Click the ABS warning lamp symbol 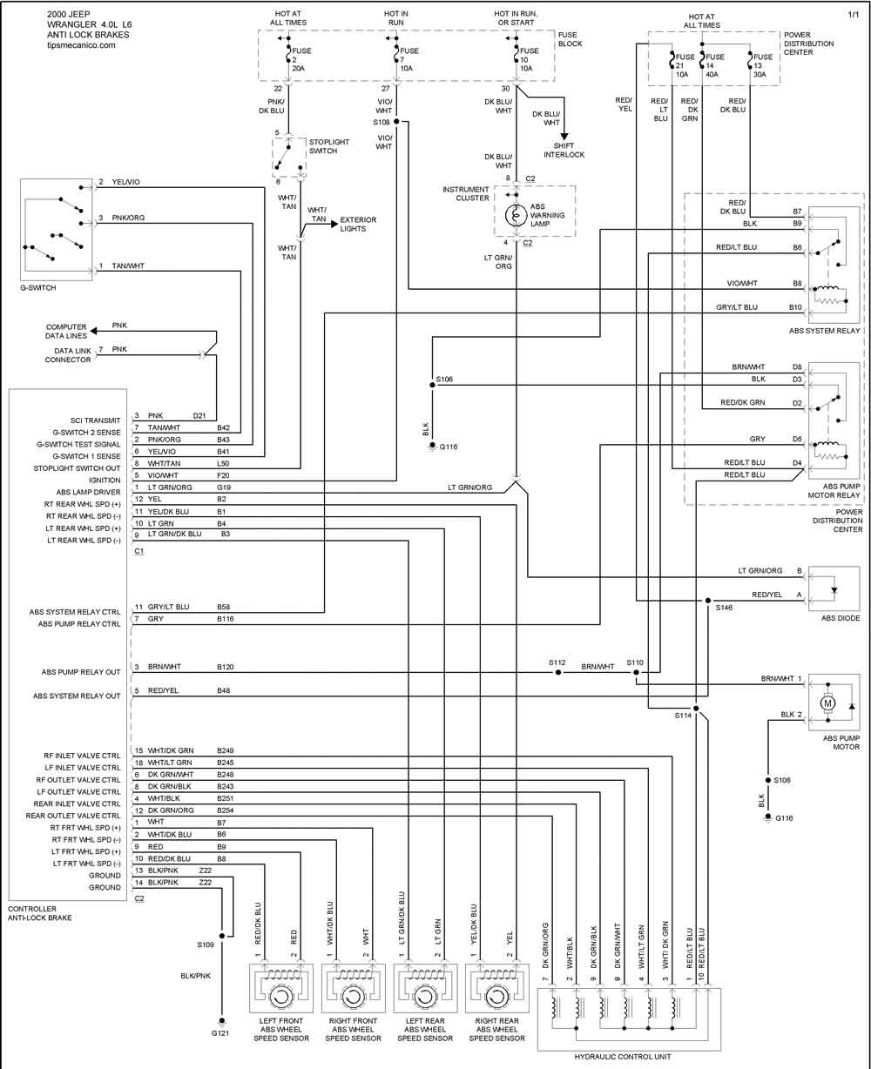(x=516, y=215)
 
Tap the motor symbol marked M (x=827, y=703)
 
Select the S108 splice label (x=381, y=122)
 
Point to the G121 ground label (x=220, y=1032)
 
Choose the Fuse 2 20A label (x=301, y=59)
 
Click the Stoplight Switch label (x=329, y=146)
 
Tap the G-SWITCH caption (x=38, y=287)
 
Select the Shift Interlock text (x=564, y=150)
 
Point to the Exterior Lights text (x=358, y=224)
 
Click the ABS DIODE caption (x=841, y=618)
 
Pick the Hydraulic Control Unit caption (x=623, y=1057)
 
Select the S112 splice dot (x=557, y=672)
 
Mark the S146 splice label (x=724, y=608)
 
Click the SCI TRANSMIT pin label (x=96, y=420)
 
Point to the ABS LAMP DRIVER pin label (x=88, y=492)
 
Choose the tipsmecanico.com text (x=81, y=45)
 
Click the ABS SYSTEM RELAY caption (x=824, y=331)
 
